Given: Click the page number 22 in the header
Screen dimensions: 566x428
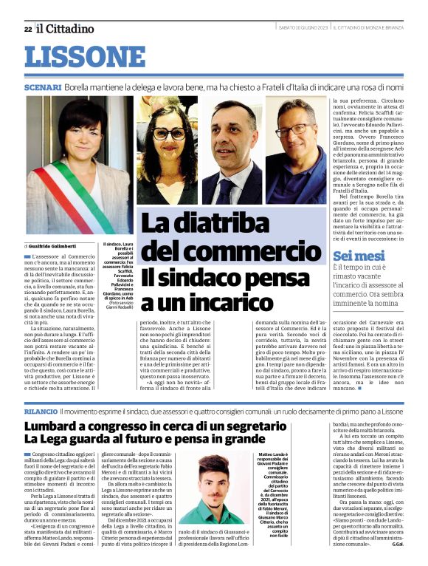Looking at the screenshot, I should (x=27, y=29).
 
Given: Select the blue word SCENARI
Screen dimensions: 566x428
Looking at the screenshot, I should (x=43, y=86).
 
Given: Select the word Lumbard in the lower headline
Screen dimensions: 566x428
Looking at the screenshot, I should (x=52, y=427).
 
